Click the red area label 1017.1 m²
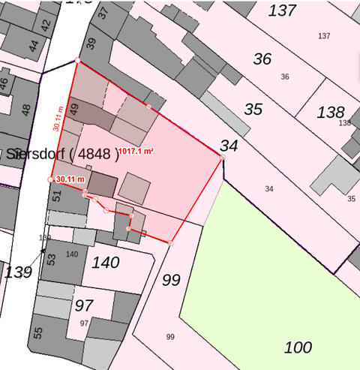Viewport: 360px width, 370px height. point(136,152)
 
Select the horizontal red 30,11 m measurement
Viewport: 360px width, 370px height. point(70,179)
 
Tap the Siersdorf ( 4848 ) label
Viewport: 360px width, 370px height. point(63,155)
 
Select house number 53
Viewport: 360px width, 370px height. point(50,260)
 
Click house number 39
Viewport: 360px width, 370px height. point(91,44)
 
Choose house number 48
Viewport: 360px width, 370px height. point(26,110)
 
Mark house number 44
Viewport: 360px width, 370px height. point(33,46)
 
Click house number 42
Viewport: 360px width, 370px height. point(46,24)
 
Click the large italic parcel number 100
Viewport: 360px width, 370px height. point(298,347)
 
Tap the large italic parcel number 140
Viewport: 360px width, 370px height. point(106,263)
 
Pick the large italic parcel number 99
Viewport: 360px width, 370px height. point(171,281)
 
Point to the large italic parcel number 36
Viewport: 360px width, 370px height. point(262,59)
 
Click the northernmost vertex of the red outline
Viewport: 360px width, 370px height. point(77,60)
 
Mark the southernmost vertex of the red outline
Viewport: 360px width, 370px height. point(171,242)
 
